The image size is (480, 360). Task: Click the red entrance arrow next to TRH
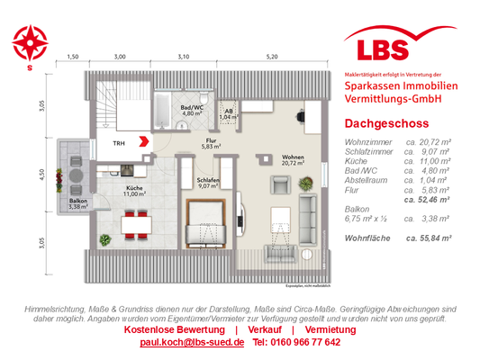(x=142, y=140)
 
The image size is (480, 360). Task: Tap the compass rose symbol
(x=31, y=40)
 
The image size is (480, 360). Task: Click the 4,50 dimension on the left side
(x=41, y=175)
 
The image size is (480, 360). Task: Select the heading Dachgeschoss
(x=380, y=124)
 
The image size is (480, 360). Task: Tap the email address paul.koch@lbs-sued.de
(x=192, y=343)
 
